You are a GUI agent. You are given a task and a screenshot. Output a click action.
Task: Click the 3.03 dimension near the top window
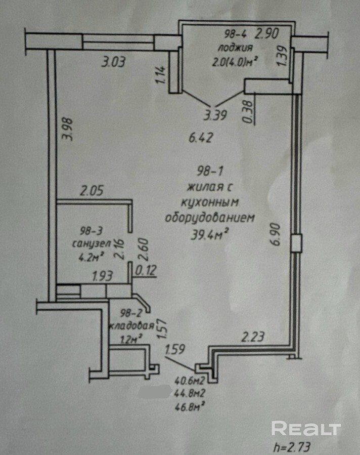114,63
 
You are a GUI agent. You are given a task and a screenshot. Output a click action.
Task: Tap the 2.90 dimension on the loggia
266,34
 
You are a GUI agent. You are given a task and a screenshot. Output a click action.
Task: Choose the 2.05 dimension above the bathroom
92,191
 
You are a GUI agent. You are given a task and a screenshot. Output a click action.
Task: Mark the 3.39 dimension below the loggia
215,115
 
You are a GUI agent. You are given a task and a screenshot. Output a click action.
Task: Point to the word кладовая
130,326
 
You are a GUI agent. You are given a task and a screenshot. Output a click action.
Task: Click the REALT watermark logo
306,428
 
